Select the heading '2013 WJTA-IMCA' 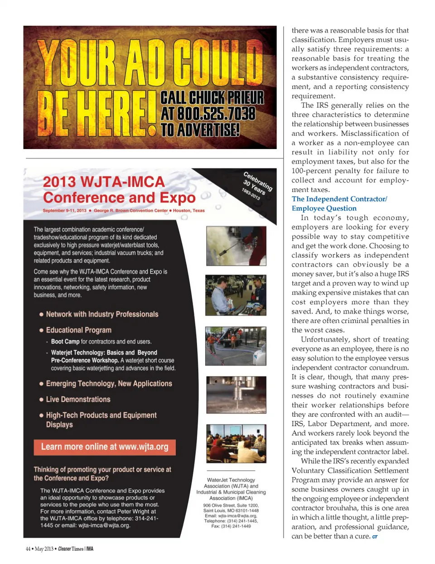click(104, 182)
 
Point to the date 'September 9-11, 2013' click(64, 211)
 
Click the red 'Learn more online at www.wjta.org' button click(105, 447)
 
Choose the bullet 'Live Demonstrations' click(78, 400)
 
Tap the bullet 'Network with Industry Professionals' click(102, 314)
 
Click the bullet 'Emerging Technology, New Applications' click(109, 384)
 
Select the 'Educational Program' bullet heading click(78, 330)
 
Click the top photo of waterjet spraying click(236, 246)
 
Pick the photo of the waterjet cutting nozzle click(236, 394)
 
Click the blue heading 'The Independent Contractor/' click(339, 199)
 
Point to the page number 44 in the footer click(28, 549)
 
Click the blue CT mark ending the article click(375, 537)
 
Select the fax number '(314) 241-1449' click(236, 526)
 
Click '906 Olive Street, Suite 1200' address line click(231, 505)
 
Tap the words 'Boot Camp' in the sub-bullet click(65, 342)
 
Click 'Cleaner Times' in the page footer click(71, 549)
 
